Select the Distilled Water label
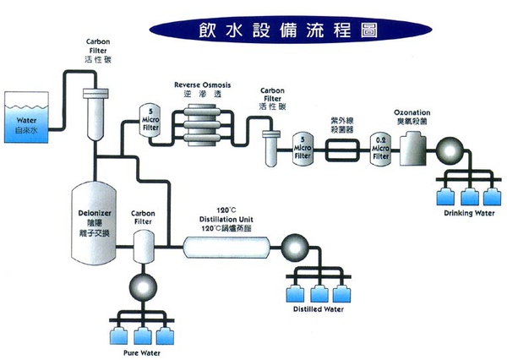[318, 308]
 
